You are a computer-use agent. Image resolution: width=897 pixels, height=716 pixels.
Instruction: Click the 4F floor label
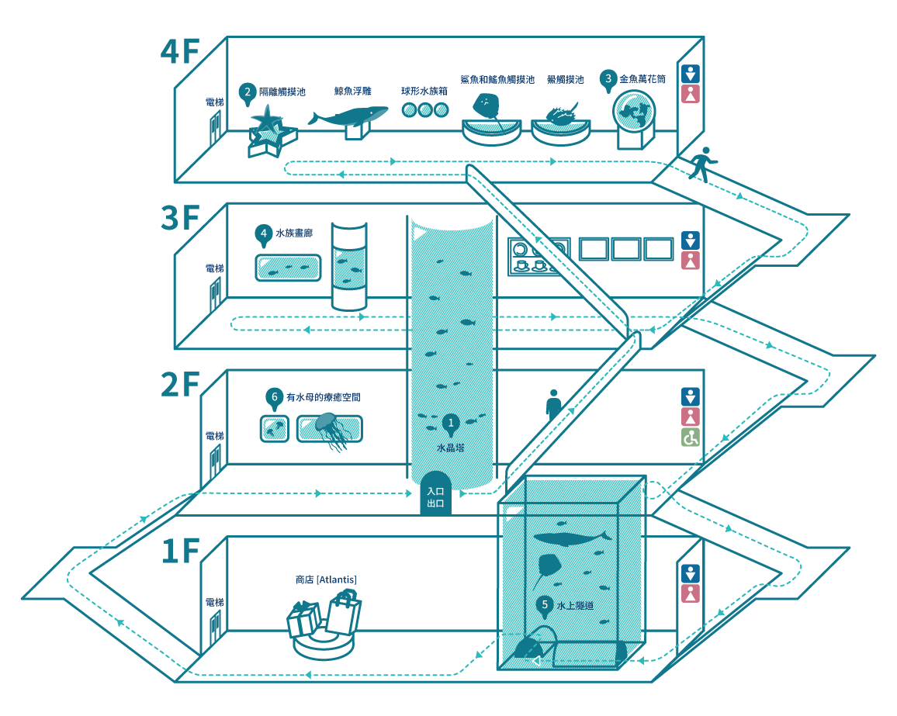[179, 51]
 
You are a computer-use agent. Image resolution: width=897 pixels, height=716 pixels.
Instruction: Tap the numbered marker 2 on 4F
[247, 92]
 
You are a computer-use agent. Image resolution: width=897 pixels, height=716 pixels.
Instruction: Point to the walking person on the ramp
[702, 164]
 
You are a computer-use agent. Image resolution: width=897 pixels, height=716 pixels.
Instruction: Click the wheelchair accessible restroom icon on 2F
[691, 438]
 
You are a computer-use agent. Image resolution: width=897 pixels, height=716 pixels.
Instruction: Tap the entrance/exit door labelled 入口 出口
[435, 493]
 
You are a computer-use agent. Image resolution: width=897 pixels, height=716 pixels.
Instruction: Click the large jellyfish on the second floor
[330, 431]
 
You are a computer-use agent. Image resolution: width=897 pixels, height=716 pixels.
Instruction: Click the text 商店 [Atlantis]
[326, 580]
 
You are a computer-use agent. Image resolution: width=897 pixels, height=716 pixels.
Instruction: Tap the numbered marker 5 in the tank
[545, 606]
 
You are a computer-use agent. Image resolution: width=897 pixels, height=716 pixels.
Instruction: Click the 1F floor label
[179, 551]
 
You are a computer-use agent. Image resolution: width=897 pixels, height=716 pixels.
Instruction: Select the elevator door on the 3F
[215, 294]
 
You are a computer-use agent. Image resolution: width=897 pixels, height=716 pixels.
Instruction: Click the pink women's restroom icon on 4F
[691, 95]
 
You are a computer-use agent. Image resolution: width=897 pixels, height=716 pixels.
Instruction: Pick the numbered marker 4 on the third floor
[263, 234]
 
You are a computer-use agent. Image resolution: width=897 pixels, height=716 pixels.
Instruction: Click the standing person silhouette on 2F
[553, 406]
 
